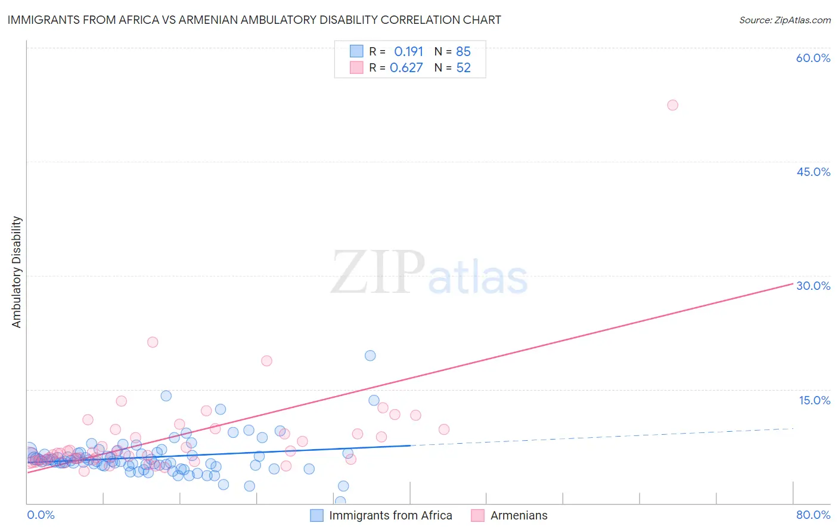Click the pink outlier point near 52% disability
(x=672, y=105)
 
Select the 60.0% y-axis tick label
(x=813, y=58)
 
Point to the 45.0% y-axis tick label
(x=813, y=172)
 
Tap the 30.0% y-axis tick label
(x=813, y=286)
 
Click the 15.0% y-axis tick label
(x=814, y=400)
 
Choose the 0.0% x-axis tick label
(x=41, y=515)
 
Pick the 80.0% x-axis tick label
(x=813, y=515)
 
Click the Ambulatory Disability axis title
(x=17, y=272)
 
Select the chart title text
(x=254, y=20)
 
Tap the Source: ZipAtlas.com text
(x=784, y=20)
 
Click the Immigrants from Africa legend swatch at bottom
(x=317, y=515)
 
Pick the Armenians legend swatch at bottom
(x=477, y=515)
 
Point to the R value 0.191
(x=408, y=51)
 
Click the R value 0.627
(x=406, y=67)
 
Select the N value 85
(x=463, y=51)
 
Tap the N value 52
(x=463, y=67)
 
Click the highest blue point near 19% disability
(x=370, y=355)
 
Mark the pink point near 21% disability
(x=153, y=342)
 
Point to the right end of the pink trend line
(x=793, y=284)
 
